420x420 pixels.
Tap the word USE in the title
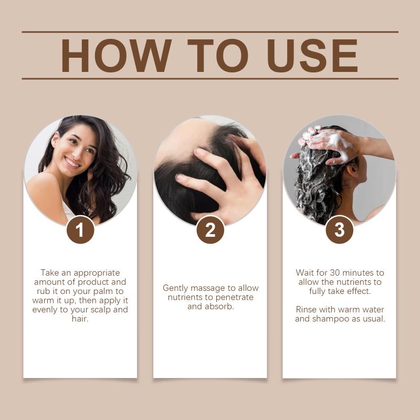coord(312,56)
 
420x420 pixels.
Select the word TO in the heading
coord(218,56)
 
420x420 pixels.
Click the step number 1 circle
coord(80,230)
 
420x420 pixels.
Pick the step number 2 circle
coord(211,230)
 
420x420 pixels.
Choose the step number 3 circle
coord(339,230)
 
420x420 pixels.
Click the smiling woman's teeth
coord(72,162)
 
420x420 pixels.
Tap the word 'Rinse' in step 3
coord(306,310)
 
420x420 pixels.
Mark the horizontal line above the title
coord(210,32)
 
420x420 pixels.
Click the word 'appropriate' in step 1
coord(97,273)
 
